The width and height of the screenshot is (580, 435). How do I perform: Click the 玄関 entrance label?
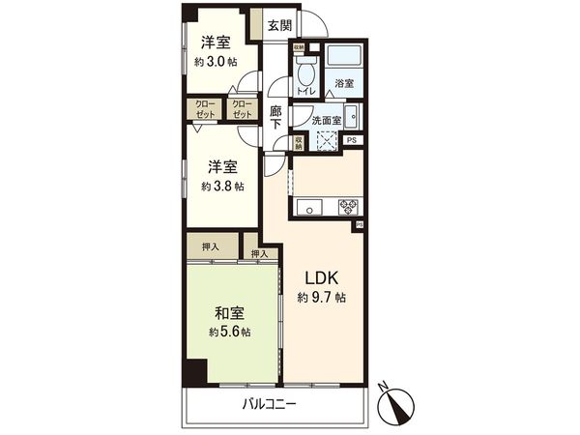[279, 25]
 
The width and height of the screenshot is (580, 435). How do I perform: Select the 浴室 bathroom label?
[344, 84]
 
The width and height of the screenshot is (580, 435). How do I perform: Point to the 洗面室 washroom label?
[325, 120]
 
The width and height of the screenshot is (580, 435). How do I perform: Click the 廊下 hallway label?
[275, 117]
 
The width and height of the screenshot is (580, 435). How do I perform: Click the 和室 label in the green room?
[228, 313]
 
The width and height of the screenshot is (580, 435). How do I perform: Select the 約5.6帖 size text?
[228, 332]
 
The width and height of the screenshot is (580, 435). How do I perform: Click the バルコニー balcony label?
[270, 405]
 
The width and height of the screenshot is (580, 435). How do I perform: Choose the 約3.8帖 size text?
[223, 187]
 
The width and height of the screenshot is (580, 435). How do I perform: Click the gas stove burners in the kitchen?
[347, 205]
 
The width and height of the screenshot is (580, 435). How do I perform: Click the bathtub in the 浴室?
[343, 57]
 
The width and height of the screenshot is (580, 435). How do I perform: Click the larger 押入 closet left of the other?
[211, 247]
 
